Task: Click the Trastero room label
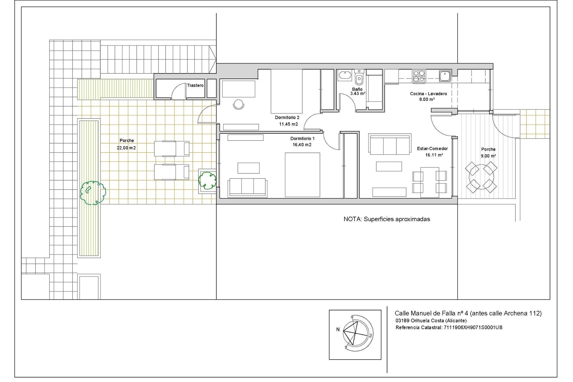pos(195,85)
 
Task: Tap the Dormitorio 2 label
pos(287,118)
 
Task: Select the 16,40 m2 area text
pos(302,145)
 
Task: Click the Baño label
pos(357,89)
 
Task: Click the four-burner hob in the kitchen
pos(419,76)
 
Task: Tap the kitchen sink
pos(445,76)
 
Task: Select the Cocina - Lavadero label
pos(428,94)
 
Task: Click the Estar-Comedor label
pos(432,149)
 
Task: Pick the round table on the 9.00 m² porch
pos(481,177)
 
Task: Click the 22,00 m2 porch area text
pos(126,148)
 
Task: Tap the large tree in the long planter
pos(93,193)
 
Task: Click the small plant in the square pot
pos(207,180)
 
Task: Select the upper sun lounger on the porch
pos(172,149)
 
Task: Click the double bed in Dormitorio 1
pos(302,175)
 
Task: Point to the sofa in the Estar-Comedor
pos(389,144)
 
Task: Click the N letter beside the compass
pos(338,329)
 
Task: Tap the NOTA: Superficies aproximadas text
pos(387,219)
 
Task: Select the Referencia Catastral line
pos(449,327)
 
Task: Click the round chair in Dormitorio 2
pos(238,104)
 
